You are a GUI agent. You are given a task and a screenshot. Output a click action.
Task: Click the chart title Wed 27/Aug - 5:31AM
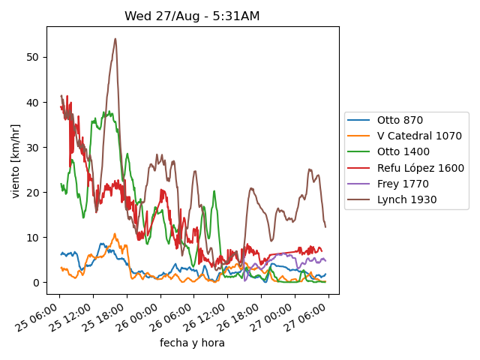(x=192, y=16)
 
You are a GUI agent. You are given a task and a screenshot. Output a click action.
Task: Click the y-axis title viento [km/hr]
(x=16, y=161)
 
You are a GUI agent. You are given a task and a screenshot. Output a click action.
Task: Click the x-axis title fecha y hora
(x=192, y=343)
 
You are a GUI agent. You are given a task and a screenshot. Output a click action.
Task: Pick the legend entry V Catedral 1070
(x=418, y=136)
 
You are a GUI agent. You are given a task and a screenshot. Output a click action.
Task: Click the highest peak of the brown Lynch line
(x=115, y=39)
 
